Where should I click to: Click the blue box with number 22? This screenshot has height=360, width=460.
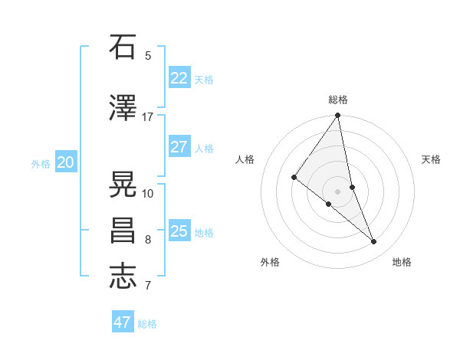tap(179, 78)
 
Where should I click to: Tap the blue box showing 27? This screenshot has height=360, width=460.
tap(179, 147)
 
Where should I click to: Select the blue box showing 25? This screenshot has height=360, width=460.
tap(179, 231)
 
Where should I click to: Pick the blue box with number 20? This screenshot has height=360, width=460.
tap(65, 162)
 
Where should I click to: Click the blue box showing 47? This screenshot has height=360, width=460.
tap(123, 322)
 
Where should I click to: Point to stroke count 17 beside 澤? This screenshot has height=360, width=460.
tap(147, 116)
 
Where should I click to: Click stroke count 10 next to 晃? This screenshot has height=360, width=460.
tap(148, 193)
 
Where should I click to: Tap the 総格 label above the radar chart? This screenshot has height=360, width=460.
tap(338, 100)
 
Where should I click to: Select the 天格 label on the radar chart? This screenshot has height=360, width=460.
tap(432, 159)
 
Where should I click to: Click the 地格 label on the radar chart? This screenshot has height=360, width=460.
tap(402, 262)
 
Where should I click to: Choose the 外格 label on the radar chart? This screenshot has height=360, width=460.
tap(270, 262)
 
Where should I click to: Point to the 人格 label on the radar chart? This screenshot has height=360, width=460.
tap(245, 159)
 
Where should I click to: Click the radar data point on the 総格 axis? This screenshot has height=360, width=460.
tap(337, 116)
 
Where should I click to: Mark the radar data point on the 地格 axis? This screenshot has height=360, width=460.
tap(374, 242)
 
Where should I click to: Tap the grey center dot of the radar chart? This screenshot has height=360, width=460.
tap(337, 191)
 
